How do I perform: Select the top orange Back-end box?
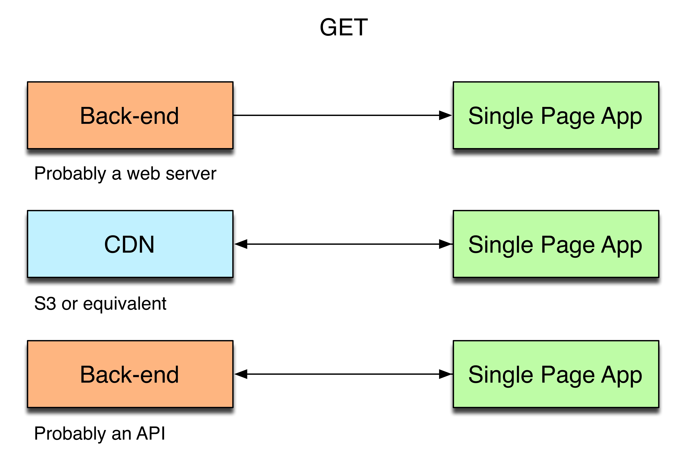[130, 115]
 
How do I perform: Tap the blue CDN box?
[130, 244]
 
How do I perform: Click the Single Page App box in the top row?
[556, 115]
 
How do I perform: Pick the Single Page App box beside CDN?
[556, 244]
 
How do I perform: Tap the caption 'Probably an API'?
[100, 434]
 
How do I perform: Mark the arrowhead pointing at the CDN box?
[241, 244]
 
